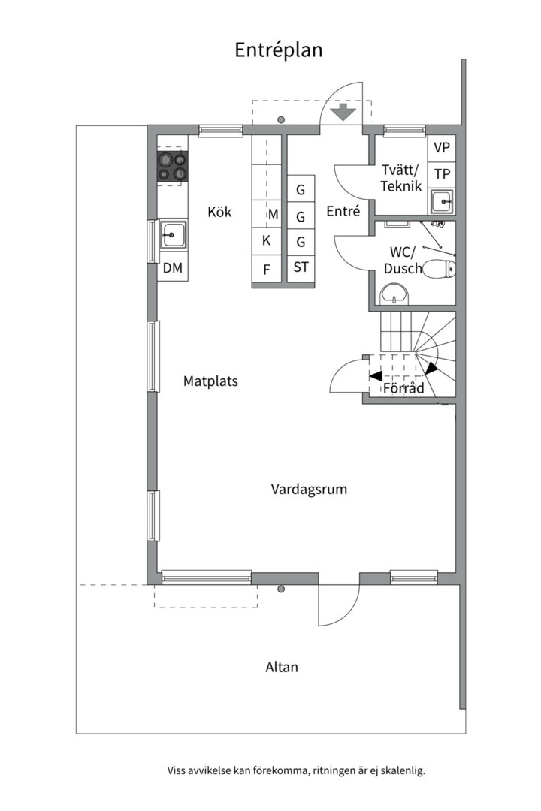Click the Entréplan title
pyautogui.click(x=279, y=50)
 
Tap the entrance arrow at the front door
pyautogui.click(x=342, y=112)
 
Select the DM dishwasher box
pyautogui.click(x=172, y=267)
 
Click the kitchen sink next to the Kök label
pyautogui.click(x=173, y=234)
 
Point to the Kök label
pyautogui.click(x=219, y=212)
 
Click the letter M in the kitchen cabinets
pyautogui.click(x=273, y=214)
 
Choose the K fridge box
pyautogui.click(x=267, y=240)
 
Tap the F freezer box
pyautogui.click(x=267, y=269)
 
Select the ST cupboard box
pyautogui.click(x=301, y=267)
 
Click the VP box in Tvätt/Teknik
pyautogui.click(x=442, y=148)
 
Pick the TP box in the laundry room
pyautogui.click(x=442, y=174)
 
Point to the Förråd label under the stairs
pyautogui.click(x=403, y=388)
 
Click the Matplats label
pyautogui.click(x=210, y=381)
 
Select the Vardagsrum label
pyautogui.click(x=309, y=490)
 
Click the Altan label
pyautogui.click(x=282, y=668)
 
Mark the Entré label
pyautogui.click(x=343, y=211)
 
